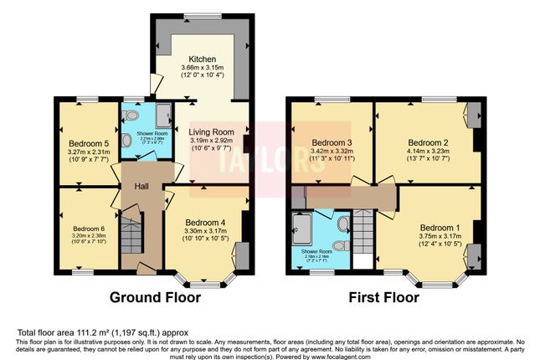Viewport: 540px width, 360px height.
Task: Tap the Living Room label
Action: click(x=210, y=132)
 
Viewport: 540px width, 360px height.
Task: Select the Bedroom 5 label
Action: click(x=88, y=143)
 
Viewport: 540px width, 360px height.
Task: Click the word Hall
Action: click(x=141, y=185)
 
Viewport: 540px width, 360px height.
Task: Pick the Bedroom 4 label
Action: click(x=206, y=222)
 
